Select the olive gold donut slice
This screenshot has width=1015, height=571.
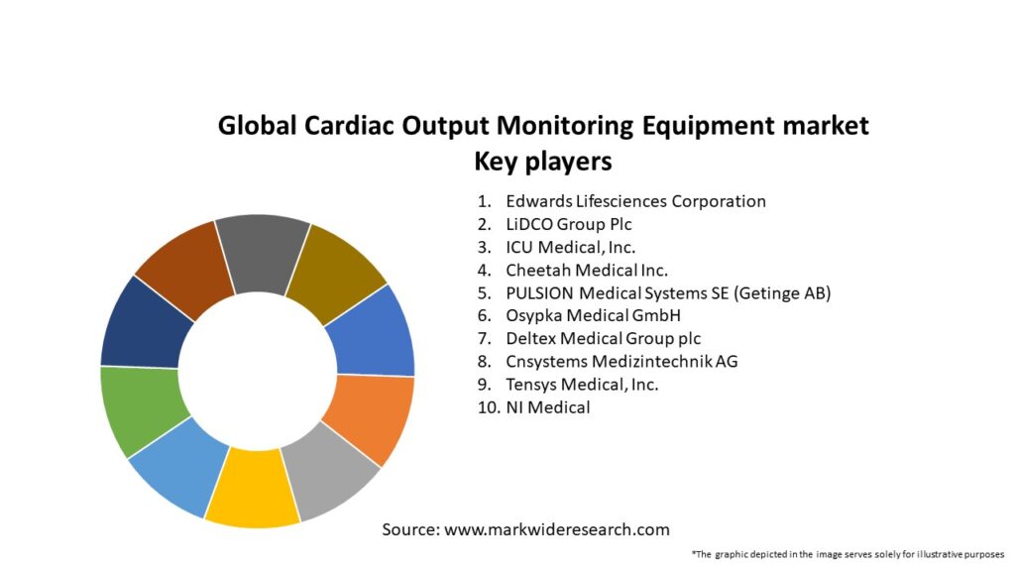336,265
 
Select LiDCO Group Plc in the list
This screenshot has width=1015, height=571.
569,224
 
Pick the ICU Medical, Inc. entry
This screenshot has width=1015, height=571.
571,247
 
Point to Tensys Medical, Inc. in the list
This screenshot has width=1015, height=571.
582,384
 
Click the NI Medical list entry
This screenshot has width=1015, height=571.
547,406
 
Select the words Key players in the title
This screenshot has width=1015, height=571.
542,161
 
